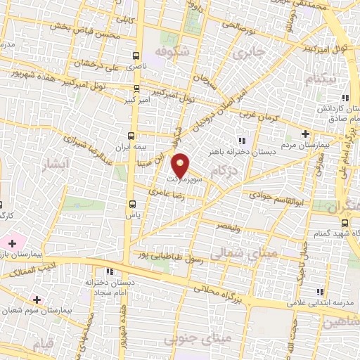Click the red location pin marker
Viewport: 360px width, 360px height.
click(181, 165)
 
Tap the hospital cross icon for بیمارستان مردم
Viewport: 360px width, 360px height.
click(304, 134)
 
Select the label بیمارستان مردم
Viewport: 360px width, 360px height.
click(304, 146)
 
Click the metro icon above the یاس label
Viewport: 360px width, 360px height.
click(131, 205)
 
